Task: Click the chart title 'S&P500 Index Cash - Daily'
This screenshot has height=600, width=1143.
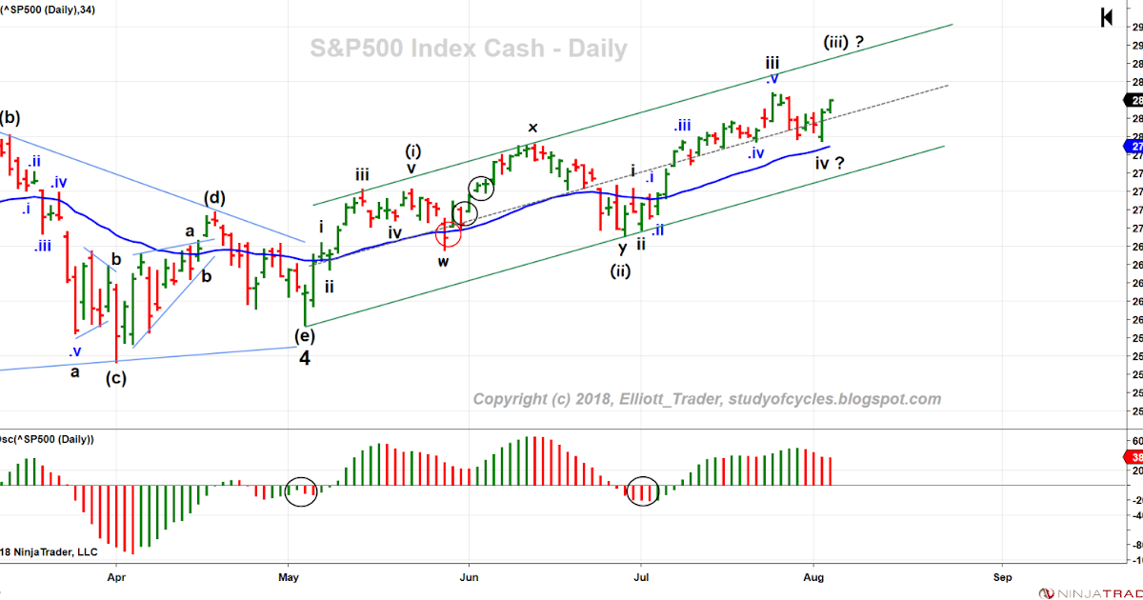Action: pyautogui.click(x=469, y=48)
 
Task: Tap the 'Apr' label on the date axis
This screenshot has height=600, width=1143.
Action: pyautogui.click(x=116, y=576)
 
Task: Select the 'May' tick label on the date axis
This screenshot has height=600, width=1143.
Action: pyautogui.click(x=291, y=576)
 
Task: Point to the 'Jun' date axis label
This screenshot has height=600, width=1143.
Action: pyautogui.click(x=468, y=576)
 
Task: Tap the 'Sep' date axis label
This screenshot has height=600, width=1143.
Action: pyautogui.click(x=1001, y=576)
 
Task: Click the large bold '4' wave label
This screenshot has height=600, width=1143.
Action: pyautogui.click(x=304, y=358)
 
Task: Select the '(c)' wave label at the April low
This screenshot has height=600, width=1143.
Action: pyautogui.click(x=116, y=376)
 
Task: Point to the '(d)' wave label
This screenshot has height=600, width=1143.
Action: pyautogui.click(x=213, y=198)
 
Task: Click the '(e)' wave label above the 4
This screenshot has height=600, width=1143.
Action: pyautogui.click(x=304, y=334)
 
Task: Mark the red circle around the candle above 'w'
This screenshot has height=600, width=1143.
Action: pyautogui.click(x=448, y=232)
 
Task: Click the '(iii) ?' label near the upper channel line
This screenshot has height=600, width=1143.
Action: pyautogui.click(x=844, y=42)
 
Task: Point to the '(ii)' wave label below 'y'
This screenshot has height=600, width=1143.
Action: pyautogui.click(x=621, y=270)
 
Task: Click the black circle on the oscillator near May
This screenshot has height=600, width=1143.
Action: pyautogui.click(x=301, y=491)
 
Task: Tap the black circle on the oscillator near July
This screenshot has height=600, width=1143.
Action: pyautogui.click(x=644, y=490)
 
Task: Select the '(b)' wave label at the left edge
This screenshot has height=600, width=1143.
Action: pyautogui.click(x=10, y=118)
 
